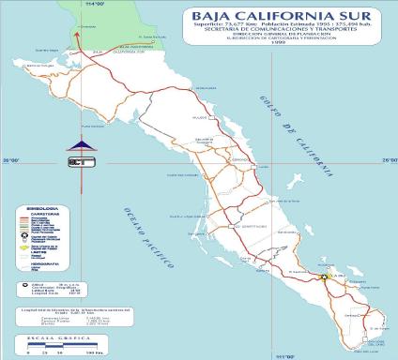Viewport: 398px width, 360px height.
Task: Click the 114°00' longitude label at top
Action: [x=90, y=6]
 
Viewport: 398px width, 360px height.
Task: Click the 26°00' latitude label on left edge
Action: [x=11, y=161]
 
